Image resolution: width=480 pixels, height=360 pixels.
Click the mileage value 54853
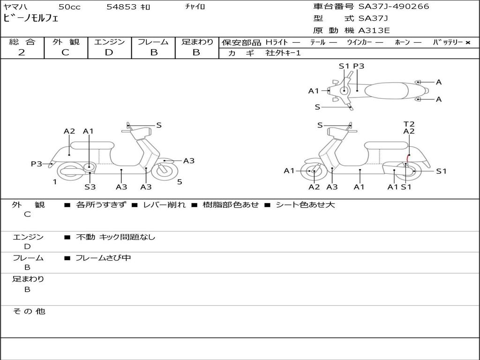click(122, 7)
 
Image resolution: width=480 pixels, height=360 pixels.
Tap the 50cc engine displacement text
click(68, 7)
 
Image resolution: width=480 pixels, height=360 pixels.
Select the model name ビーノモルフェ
click(31, 19)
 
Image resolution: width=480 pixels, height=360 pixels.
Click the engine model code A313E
click(374, 31)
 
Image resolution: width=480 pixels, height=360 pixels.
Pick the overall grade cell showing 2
click(22, 52)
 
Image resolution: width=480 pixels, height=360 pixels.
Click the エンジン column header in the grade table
click(109, 42)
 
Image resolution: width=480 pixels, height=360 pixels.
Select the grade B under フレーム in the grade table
click(154, 52)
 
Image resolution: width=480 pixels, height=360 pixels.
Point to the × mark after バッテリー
click(467, 43)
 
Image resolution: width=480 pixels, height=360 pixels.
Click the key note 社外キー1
click(283, 53)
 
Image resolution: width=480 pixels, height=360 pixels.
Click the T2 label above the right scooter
click(409, 124)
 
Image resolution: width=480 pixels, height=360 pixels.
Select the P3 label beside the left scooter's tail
click(37, 164)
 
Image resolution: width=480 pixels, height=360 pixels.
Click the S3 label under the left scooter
click(90, 187)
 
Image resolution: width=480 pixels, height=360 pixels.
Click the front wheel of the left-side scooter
click(165, 171)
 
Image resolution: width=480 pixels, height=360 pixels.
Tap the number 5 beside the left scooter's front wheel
click(180, 181)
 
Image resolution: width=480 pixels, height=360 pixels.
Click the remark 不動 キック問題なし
click(115, 237)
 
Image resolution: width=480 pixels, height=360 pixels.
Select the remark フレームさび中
click(103, 258)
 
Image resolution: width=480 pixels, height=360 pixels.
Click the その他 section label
click(29, 311)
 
